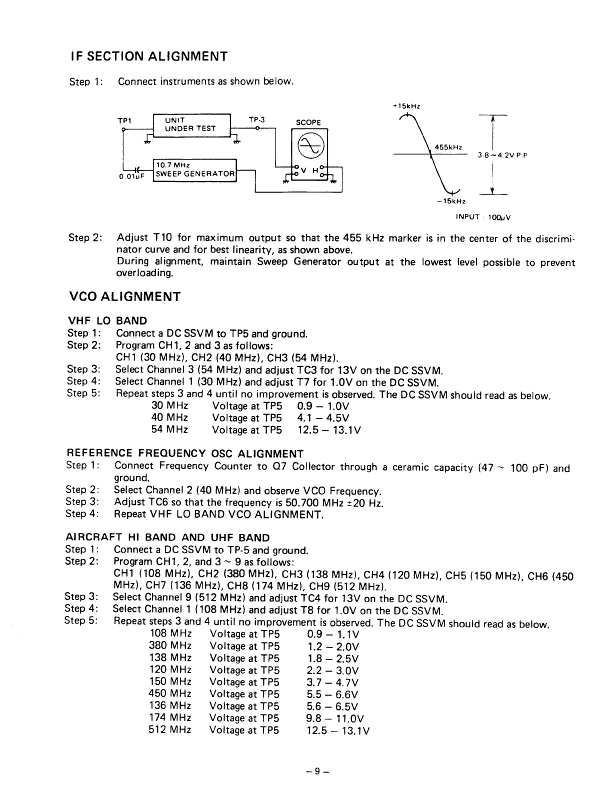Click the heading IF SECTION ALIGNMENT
(148, 56)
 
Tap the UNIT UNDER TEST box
(190, 124)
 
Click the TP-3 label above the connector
(256, 119)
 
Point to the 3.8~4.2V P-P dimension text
(502, 155)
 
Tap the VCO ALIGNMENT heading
(123, 296)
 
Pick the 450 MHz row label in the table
(170, 694)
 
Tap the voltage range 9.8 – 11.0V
(335, 718)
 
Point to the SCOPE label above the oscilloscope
(308, 122)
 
